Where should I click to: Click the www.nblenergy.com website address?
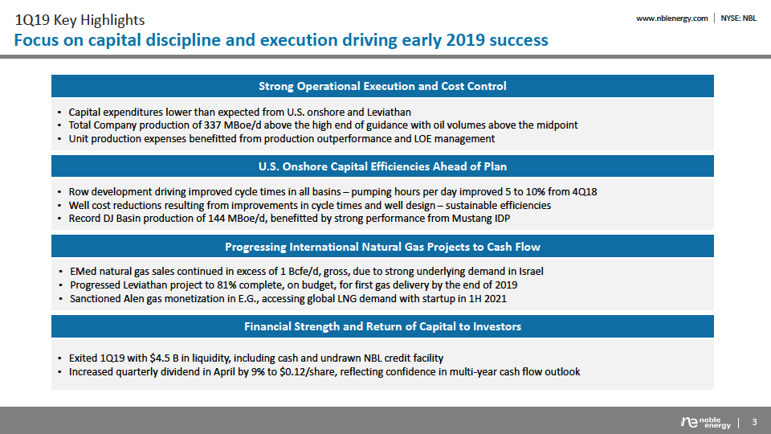pos(671,18)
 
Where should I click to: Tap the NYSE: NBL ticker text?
pos(739,18)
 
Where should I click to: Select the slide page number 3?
pos(755,422)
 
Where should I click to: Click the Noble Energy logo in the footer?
pos(706,422)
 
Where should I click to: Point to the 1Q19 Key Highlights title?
pos(80,20)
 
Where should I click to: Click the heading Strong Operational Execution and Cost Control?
pos(382,86)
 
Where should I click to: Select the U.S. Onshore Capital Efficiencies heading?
pos(382,166)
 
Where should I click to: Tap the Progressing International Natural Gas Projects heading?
pos(382,247)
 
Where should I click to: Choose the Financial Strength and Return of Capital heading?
pos(382,326)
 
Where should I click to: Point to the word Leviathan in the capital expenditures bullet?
pos(389,113)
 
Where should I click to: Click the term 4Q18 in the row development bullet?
pos(585,192)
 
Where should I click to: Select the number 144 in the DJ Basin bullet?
pos(217,219)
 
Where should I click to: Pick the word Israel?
pos(531,272)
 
